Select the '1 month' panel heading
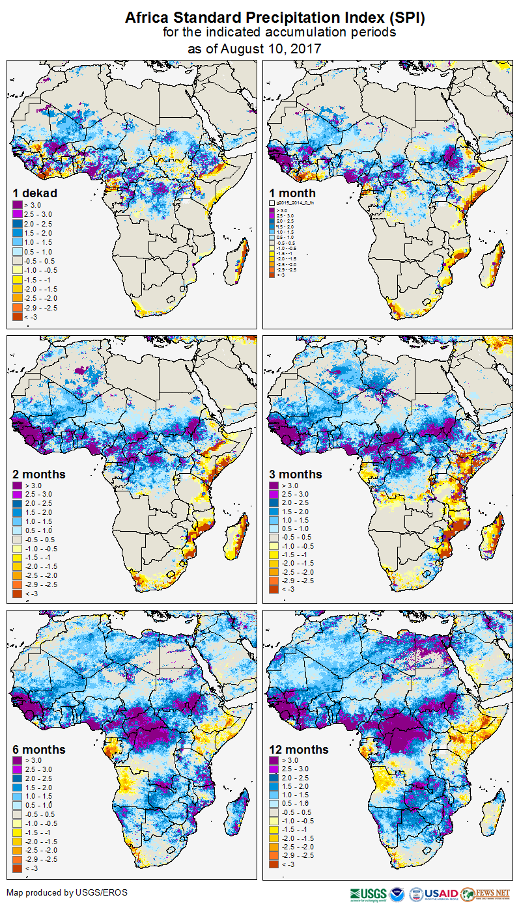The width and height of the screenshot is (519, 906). [x=292, y=193]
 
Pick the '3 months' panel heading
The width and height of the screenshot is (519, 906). [x=297, y=474]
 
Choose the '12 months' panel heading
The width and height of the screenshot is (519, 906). [x=299, y=750]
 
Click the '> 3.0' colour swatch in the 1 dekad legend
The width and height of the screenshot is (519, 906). [x=19, y=206]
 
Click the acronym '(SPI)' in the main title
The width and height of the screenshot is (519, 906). [x=407, y=18]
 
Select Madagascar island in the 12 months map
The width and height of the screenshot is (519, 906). [x=493, y=807]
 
